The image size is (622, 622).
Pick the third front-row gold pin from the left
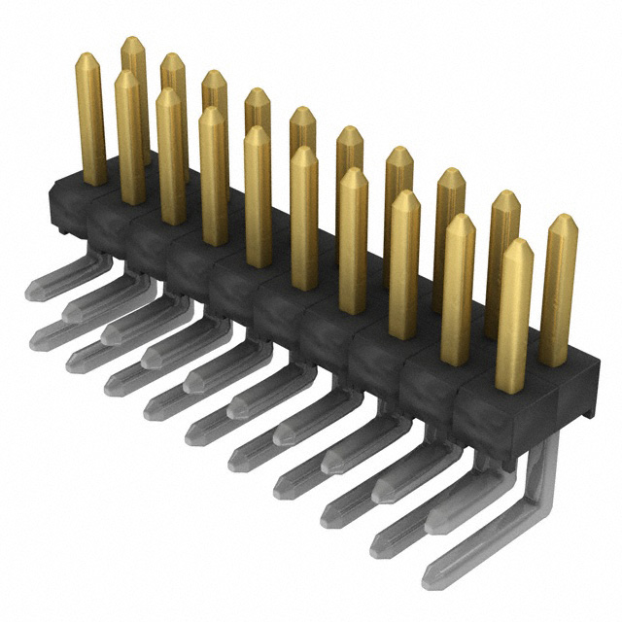click(x=170, y=155)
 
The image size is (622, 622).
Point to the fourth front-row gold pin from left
click(x=213, y=175)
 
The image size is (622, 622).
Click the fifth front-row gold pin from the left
click(x=258, y=194)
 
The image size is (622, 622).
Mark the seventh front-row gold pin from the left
click(x=353, y=238)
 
